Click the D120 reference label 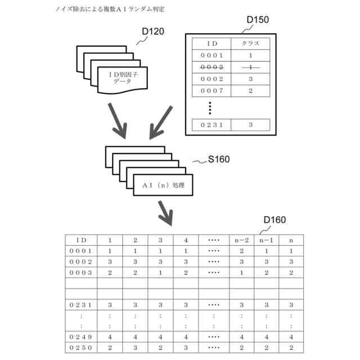tap(152, 31)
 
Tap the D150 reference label tap(258, 20)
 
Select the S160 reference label tap(218, 159)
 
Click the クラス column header tap(250, 43)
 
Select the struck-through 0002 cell tap(212, 67)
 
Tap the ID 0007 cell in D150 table tap(212, 91)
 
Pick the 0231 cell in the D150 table tap(212, 125)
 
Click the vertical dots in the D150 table tap(209, 107)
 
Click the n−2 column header tap(241, 240)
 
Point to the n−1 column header tap(266, 240)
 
